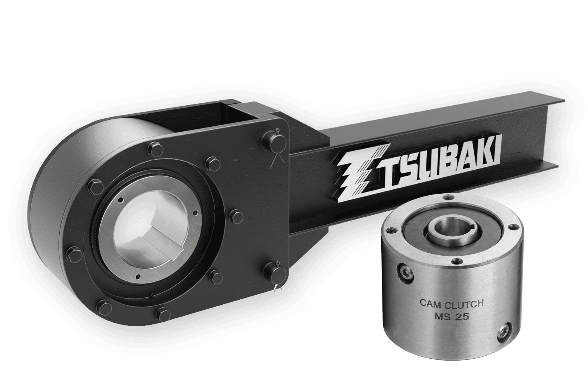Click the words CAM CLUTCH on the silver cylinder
pyautogui.click(x=451, y=304)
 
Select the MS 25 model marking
pyautogui.click(x=451, y=316)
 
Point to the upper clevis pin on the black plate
pyautogui.click(x=273, y=139)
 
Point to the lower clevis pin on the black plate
pyautogui.click(x=274, y=273)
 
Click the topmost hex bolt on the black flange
pyautogui.click(x=155, y=149)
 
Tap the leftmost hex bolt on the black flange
pyautogui.click(x=73, y=255)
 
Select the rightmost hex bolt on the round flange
pyautogui.click(x=236, y=217)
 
